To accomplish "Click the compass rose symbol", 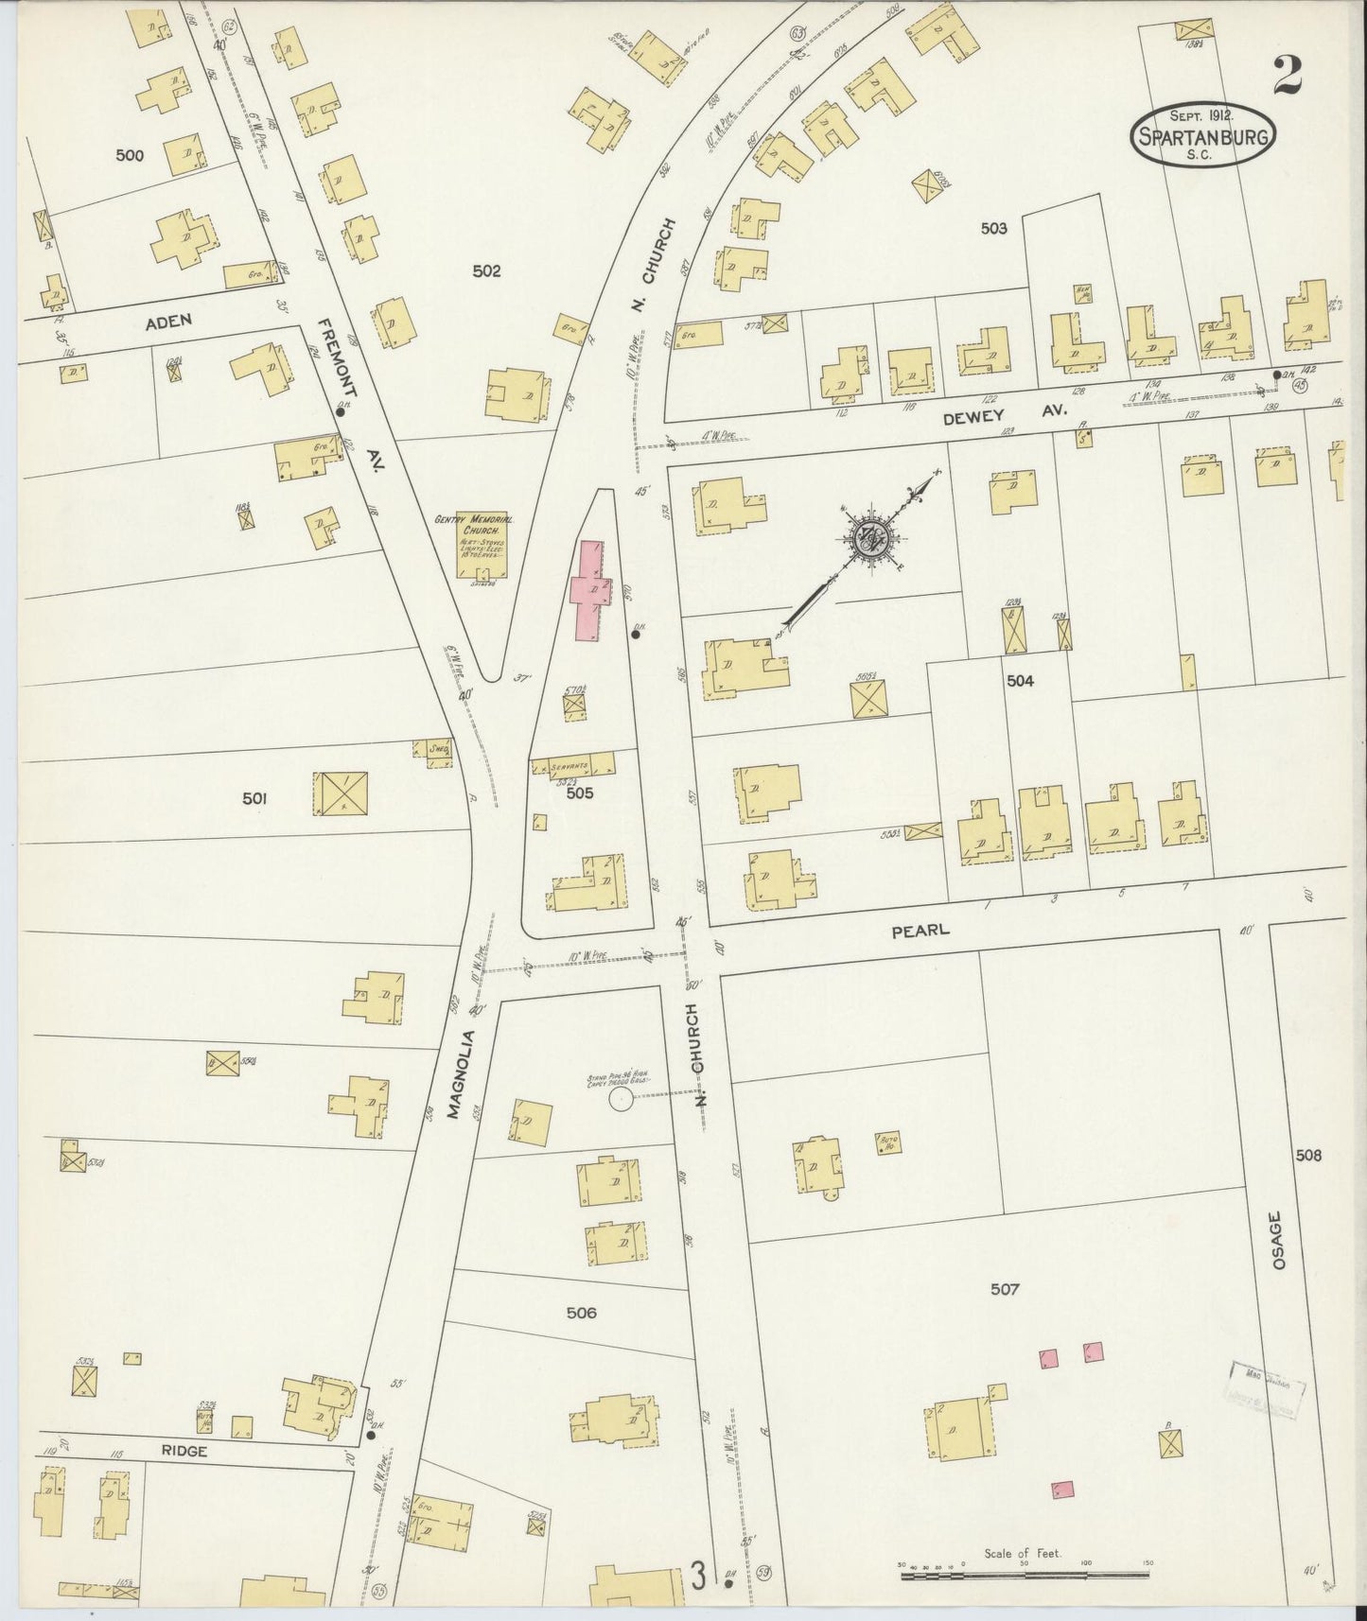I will (868, 540).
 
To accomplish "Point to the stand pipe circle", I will (620, 1097).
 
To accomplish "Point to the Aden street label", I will (168, 322).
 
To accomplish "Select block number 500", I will (130, 155).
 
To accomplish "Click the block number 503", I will (993, 228).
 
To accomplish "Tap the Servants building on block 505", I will (572, 765).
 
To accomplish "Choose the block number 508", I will (1309, 1155).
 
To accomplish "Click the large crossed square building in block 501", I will (340, 793).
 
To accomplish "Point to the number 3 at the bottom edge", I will (699, 1576).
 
